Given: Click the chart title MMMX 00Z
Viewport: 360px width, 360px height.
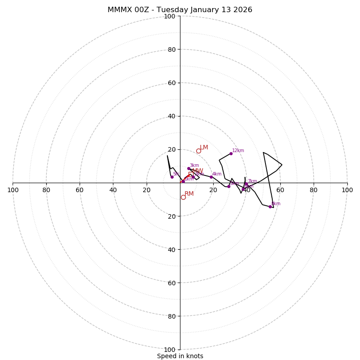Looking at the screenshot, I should pos(180,10).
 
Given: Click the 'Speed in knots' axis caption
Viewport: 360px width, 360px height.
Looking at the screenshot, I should pos(180,356).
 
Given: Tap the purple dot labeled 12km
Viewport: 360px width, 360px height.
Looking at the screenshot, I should pos(231,153).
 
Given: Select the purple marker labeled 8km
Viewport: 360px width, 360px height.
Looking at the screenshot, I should pos(270,207).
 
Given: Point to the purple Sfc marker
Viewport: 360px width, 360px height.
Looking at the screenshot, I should pos(172,177).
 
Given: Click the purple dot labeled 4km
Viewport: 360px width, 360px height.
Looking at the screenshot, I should pos(211,177).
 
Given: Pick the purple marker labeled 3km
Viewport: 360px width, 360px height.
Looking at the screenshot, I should pos(189,168).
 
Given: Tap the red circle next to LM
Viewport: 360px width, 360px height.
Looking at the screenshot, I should pos(198,151).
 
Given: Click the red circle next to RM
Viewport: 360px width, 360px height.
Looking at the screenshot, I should pos(183,197).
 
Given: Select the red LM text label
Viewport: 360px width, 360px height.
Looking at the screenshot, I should pos(204,148).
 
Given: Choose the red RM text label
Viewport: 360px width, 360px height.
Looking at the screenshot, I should pos(189,194).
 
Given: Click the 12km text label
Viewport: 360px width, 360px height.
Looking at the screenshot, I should pos(238,151).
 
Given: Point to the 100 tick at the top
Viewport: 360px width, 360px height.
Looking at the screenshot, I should pos(170,16).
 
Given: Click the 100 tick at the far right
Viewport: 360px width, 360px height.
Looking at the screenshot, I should pos(347,190).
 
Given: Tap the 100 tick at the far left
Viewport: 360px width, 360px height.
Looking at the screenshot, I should pos(13,190).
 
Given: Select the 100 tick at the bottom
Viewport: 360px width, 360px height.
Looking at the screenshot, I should pos(170,350).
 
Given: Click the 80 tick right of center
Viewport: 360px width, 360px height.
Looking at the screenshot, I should pos(314,190).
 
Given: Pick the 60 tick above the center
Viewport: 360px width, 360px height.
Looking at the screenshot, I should pos(171,83).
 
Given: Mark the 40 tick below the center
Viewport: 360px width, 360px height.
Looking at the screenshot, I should pos(171,249).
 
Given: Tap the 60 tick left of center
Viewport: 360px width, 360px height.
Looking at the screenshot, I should pos(80,190).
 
